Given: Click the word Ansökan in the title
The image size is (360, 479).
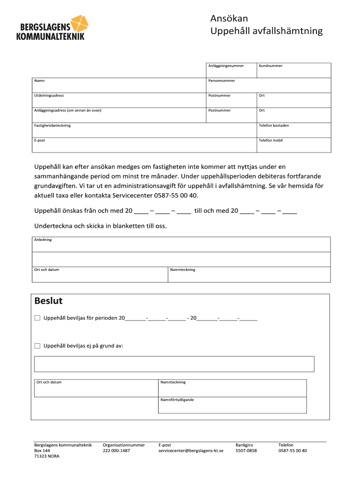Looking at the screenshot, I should coord(229,19).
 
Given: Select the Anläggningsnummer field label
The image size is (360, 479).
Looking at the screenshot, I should coord(226,66).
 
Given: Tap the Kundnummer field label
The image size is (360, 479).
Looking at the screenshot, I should coord(271,66).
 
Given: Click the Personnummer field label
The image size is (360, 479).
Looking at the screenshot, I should coord(222,81).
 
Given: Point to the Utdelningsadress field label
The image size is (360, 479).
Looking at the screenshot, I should coord(49,95).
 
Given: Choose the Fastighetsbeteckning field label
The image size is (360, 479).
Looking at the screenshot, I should coord(52,125).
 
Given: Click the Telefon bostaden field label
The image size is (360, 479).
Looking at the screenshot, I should coord(274,125).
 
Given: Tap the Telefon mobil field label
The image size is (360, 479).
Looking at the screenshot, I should coord(271,140).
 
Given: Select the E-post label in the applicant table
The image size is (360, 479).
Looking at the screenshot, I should coord(39,140).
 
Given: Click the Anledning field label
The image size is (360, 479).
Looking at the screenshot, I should coord(43,239).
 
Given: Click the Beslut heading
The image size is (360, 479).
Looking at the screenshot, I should coord(49,300).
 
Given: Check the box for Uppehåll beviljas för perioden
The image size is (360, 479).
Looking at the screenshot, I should coord(37,318).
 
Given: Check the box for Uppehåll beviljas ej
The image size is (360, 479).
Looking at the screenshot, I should coord(37,346).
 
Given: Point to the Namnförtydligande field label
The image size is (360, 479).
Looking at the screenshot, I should coord(177,400).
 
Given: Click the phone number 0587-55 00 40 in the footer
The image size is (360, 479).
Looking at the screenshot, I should coord(293,450).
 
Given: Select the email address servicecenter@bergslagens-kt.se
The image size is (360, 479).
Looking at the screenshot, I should coord(191,450).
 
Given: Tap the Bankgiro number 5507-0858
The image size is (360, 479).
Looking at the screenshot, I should coord(246,450).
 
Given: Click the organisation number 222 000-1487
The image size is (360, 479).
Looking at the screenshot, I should coord(116,450).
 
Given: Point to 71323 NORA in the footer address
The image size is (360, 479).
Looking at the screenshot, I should coord(47,456).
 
